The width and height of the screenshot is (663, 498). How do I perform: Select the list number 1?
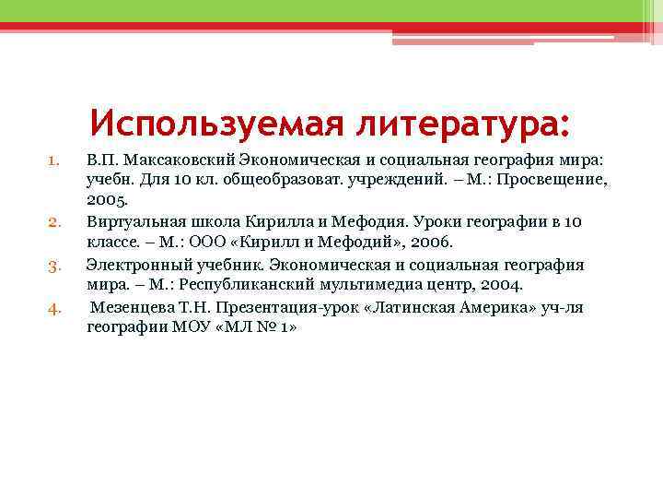[54, 160]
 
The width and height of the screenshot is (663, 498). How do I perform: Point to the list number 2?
[54, 222]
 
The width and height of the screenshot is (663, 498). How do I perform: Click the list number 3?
[54, 266]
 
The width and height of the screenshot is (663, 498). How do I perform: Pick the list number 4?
[54, 308]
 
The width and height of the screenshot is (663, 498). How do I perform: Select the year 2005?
[108, 200]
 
